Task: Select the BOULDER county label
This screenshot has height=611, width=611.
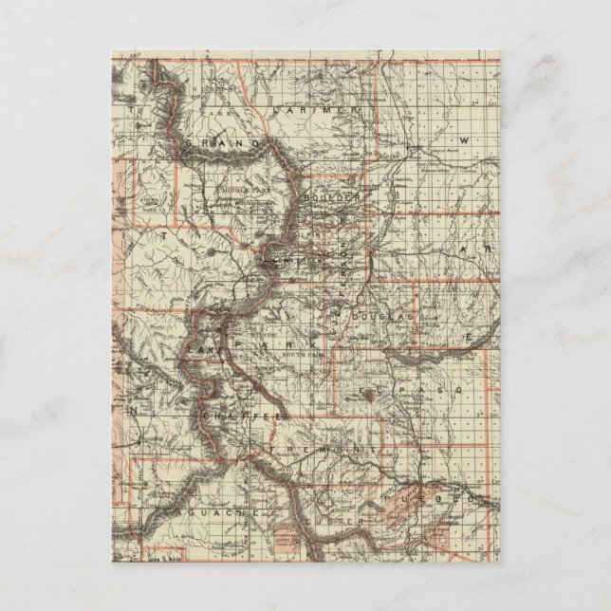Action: click(x=334, y=196)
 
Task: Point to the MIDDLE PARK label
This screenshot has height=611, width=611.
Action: click(x=234, y=188)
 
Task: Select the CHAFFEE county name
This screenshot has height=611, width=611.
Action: click(x=241, y=416)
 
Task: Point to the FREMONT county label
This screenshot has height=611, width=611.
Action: click(x=317, y=447)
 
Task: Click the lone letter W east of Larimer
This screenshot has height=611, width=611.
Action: click(x=465, y=140)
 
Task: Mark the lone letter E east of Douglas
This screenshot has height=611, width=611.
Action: click(x=467, y=337)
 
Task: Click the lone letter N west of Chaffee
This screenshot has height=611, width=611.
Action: click(x=135, y=411)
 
